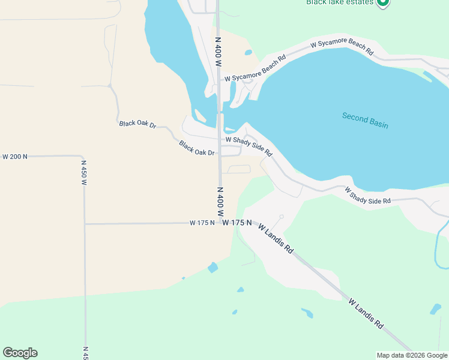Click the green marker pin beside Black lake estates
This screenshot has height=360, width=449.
pyautogui.click(x=382, y=2)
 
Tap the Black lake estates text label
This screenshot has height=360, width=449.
pyautogui.click(x=340, y=2)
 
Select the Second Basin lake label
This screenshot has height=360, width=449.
pyautogui.click(x=365, y=120)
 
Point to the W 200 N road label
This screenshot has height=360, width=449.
pyautogui.click(x=15, y=157)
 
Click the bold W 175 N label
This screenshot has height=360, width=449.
pyautogui.click(x=237, y=223)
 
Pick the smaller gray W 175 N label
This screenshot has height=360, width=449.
pyautogui.click(x=202, y=223)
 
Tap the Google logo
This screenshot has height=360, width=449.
pyautogui.click(x=20, y=353)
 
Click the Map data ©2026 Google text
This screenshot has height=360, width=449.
pyautogui.click(x=412, y=355)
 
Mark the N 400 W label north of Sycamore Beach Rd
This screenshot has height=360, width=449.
pyautogui.click(x=218, y=50)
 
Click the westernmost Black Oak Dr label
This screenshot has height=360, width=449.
pyautogui.click(x=137, y=124)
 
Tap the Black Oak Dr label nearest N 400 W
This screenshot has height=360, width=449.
pyautogui.click(x=197, y=148)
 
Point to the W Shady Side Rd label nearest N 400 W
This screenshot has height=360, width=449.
pyautogui.click(x=249, y=146)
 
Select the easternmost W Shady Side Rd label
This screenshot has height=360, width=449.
pyautogui.click(x=368, y=196)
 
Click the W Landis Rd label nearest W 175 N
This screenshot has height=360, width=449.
pyautogui.click(x=276, y=238)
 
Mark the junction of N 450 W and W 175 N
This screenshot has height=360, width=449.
pyautogui.click(x=85, y=224)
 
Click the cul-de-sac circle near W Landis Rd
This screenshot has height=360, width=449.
pyautogui.click(x=281, y=217)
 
